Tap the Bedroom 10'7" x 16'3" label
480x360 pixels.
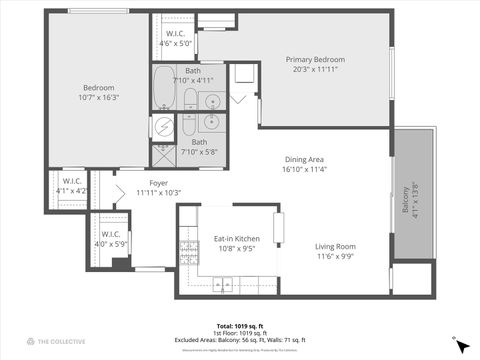point(100,92)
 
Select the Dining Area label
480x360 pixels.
point(305,164)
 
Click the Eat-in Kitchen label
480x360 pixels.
point(236,243)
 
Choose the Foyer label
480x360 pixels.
point(158,187)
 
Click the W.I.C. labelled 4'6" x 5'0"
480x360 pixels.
point(176,39)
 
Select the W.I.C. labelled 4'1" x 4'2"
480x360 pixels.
point(71,186)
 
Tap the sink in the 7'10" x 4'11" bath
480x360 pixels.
point(212,100)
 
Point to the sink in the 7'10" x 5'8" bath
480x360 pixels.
point(212,122)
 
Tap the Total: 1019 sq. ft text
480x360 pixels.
point(240,326)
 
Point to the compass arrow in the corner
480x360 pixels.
point(460,344)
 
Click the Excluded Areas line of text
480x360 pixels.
point(240,341)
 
